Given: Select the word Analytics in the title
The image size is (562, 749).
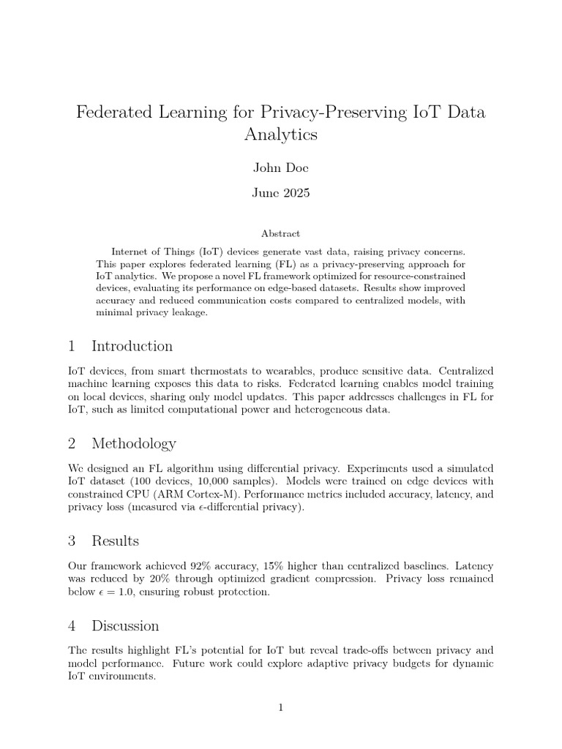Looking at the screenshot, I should click(281, 135).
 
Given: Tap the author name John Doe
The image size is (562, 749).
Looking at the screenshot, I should click(281, 168).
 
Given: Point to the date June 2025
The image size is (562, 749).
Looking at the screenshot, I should click(281, 193).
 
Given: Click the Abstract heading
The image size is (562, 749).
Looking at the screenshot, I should click(281, 233).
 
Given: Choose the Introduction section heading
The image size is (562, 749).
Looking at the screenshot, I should click(132, 346).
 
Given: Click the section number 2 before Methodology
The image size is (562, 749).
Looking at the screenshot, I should click(72, 443).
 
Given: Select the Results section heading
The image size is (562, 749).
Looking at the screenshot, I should click(115, 541).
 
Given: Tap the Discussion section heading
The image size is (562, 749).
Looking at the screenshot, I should click(125, 625).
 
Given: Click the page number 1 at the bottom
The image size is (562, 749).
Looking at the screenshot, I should click(281, 707).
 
